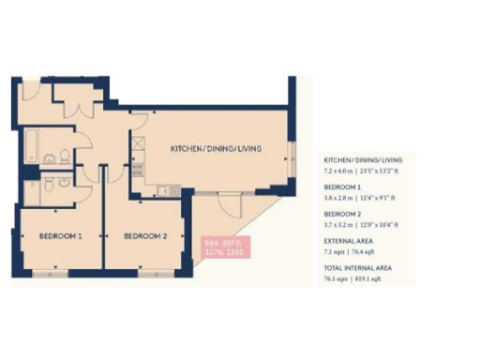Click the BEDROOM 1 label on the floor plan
pos(56,237)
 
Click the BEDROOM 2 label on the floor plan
pos(142,237)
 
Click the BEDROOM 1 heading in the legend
pos(344,187)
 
